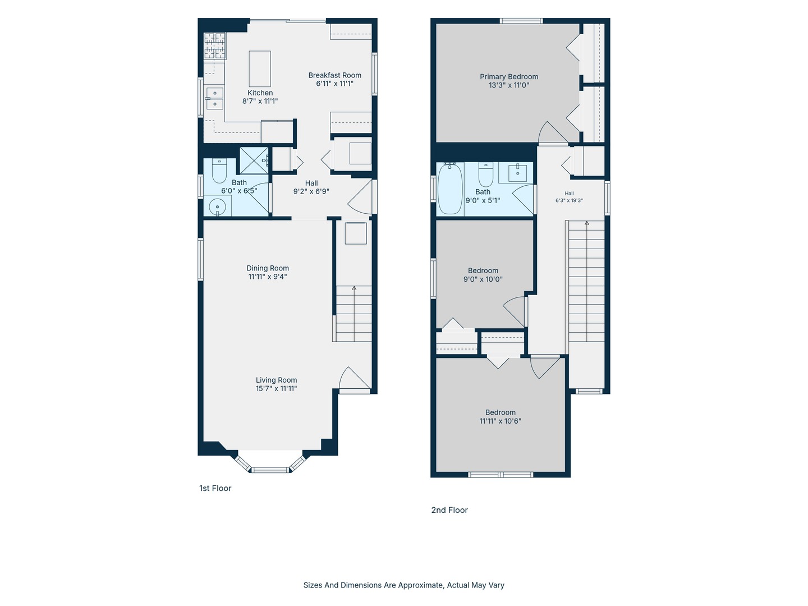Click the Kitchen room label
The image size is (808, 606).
(x=260, y=93)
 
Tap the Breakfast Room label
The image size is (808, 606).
(x=334, y=75)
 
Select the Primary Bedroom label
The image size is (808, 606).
(x=509, y=76)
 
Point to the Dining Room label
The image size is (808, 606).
(x=268, y=268)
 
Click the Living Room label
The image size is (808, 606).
(x=276, y=380)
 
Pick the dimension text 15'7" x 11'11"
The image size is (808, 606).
(x=276, y=388)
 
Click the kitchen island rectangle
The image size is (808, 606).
(x=260, y=69)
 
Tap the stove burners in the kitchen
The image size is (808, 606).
(x=215, y=45)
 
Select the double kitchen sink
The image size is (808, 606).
(x=214, y=98)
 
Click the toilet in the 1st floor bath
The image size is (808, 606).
(x=219, y=171)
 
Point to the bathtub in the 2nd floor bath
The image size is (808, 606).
(x=449, y=189)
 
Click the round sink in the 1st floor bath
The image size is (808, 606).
(x=218, y=206)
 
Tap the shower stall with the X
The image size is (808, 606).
(x=254, y=160)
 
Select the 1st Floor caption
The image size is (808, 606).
(x=215, y=488)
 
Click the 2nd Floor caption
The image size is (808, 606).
(x=449, y=510)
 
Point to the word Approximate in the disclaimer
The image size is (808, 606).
(x=420, y=585)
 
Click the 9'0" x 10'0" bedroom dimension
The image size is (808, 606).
(x=483, y=279)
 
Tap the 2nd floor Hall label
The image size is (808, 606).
(x=569, y=193)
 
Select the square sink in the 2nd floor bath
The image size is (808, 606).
(x=517, y=173)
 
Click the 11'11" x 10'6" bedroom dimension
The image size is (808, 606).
(x=500, y=421)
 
